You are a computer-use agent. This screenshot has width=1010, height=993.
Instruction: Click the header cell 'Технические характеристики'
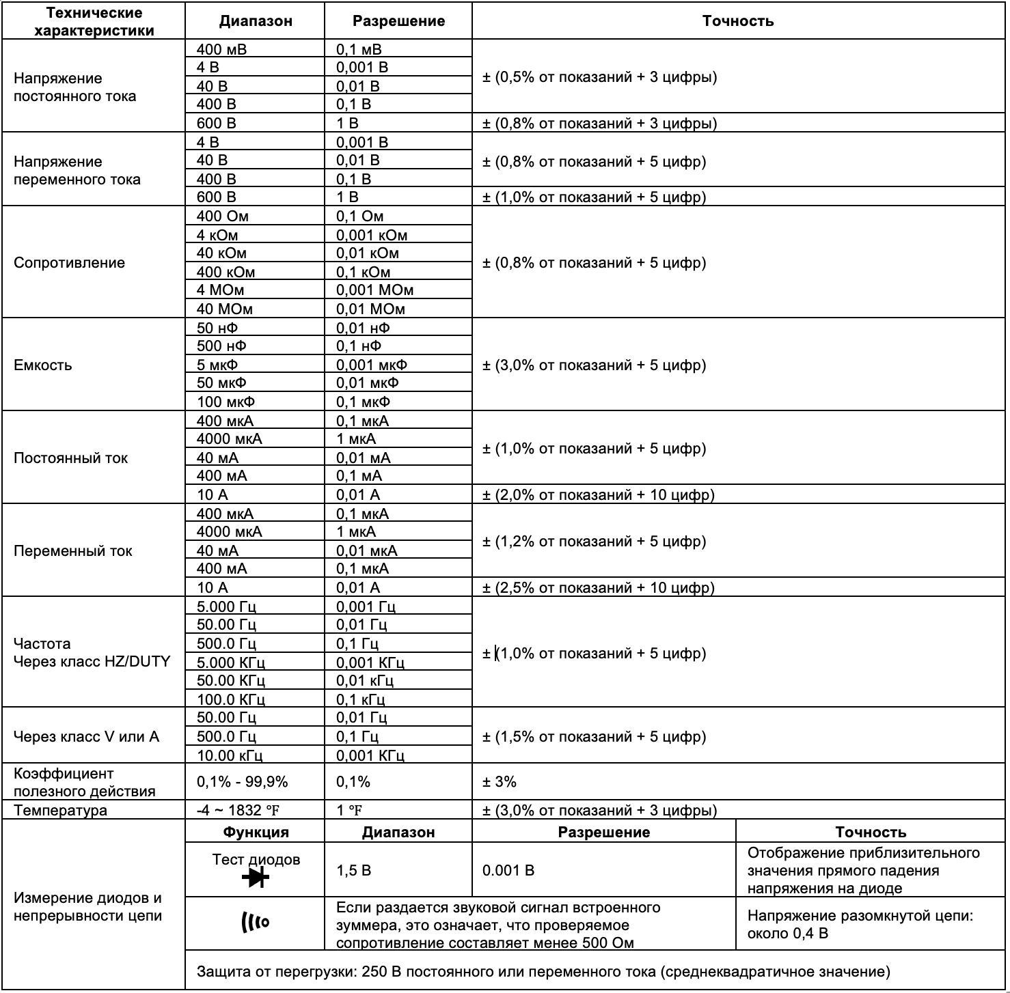[94, 21]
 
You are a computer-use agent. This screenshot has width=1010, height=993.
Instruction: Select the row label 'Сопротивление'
[69, 263]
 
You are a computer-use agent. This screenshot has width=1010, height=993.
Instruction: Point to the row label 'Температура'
[60, 811]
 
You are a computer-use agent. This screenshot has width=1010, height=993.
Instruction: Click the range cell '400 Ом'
[223, 216]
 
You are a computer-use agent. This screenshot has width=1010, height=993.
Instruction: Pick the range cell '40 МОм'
[225, 309]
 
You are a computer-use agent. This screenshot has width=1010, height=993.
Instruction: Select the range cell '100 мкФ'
[226, 402]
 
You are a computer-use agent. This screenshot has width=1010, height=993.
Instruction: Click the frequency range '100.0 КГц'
[230, 699]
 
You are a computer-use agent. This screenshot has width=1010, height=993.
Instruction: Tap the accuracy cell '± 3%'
[500, 782]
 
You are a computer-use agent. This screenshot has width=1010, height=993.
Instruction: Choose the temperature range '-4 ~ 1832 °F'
[238, 811]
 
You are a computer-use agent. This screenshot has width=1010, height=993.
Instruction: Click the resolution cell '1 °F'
[349, 811]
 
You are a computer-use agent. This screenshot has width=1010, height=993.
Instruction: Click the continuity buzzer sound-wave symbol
[256, 923]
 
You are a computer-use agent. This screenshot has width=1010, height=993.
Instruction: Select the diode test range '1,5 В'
[354, 871]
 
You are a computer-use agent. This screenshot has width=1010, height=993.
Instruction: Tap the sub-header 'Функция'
[256, 833]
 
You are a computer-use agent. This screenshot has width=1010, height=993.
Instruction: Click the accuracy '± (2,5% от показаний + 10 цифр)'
[599, 588]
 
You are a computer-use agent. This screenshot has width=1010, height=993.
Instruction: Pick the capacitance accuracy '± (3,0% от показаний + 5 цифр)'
[594, 365]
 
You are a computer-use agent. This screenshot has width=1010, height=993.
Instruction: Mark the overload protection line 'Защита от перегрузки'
[543, 971]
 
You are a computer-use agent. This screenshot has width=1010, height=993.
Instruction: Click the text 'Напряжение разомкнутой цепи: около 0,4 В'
[860, 925]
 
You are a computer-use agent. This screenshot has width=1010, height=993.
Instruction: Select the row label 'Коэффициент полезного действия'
[85, 783]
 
